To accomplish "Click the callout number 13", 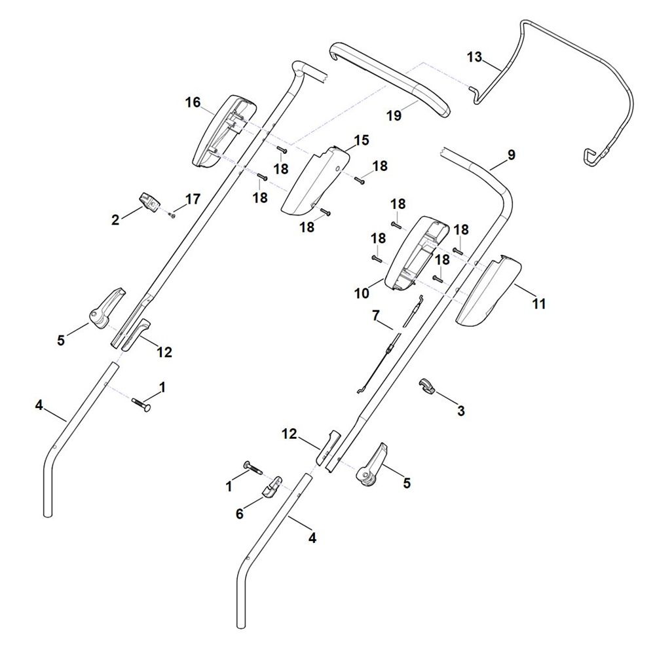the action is pos(474,57).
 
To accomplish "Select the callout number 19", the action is pos(394,115).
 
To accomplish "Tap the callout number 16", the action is pos(193,102).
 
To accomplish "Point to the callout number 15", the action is pos(362,140).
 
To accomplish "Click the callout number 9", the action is pos(512,155).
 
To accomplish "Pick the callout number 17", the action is pos(193,199).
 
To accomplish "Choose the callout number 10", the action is pos(362,293).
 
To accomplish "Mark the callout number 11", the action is pos(538,304).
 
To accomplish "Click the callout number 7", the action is pos(376,316).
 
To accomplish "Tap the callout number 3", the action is pos(460,411).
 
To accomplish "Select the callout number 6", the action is pos(239,514).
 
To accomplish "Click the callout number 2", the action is pos(115,219).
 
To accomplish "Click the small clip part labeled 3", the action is pos(426,386).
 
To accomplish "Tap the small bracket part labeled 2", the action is pos(149,202).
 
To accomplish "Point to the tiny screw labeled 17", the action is pos(172,215).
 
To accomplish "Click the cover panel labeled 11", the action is pos(489,291).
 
